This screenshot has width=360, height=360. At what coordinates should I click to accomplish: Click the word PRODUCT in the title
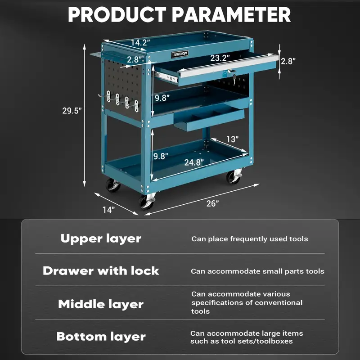(118, 14)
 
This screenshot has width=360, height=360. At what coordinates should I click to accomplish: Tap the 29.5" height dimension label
(72, 111)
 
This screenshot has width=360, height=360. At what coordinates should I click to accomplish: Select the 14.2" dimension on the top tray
(140, 43)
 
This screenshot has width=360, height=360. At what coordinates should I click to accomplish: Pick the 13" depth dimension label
(232, 139)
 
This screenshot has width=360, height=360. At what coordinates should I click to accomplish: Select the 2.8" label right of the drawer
(288, 61)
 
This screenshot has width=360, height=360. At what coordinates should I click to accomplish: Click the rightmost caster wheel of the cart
(234, 177)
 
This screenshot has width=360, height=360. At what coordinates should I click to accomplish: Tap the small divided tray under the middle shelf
(208, 119)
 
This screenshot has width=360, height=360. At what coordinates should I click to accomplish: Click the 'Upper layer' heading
(101, 238)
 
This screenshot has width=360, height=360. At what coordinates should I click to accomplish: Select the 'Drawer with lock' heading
(101, 271)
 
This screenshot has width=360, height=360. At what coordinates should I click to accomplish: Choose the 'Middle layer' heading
(101, 304)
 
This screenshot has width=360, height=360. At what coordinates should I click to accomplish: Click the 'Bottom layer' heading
(101, 337)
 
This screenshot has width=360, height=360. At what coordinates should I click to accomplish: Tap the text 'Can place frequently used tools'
(250, 239)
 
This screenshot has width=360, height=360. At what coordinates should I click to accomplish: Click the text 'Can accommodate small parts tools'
(257, 271)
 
